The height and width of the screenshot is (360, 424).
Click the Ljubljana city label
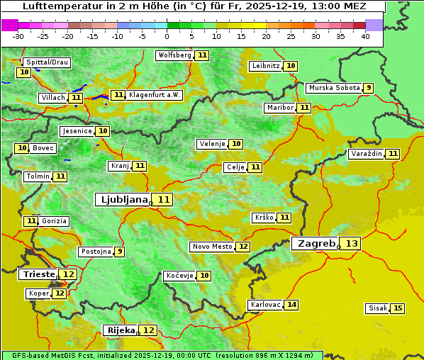pos(122,200)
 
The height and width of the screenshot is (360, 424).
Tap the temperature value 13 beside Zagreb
pos(352,244)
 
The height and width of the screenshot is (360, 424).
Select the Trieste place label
pos(38,274)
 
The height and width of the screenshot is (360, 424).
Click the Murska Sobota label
pos(334,88)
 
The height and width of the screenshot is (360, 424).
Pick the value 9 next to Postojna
pos(120,252)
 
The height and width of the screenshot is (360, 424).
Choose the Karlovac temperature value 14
pos(291,305)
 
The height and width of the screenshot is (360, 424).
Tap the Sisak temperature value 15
pos(398,308)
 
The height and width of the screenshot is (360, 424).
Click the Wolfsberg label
pos(174,55)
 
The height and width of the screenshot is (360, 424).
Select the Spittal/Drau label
pos(47,62)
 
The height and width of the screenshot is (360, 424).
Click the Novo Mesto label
pos(212,247)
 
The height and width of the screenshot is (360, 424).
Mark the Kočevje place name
pos(179,275)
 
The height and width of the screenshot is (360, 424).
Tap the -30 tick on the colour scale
pos(18,36)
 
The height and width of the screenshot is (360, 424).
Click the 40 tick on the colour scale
pos(365,36)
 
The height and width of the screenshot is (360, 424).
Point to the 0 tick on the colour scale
pos(167,36)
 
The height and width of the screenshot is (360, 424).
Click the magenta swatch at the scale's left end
pos(9,25)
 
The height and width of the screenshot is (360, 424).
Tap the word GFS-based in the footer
pos(24,355)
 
